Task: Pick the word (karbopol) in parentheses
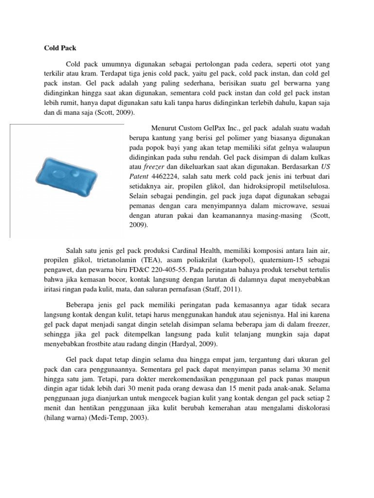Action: pyautogui.click(x=246, y=260)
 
